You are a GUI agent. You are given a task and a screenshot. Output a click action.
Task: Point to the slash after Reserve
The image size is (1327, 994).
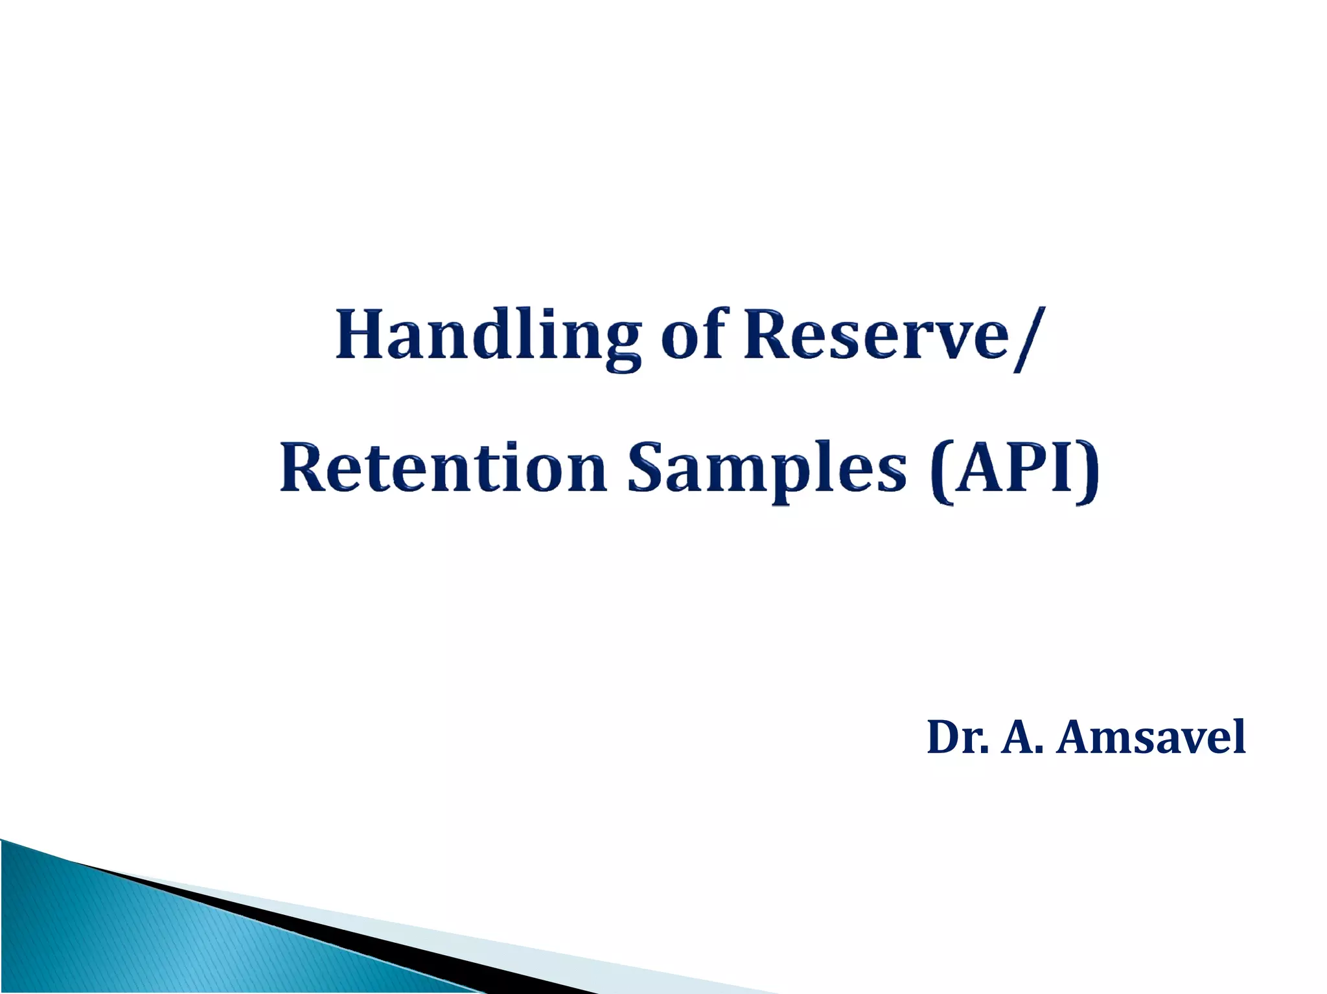(1030, 339)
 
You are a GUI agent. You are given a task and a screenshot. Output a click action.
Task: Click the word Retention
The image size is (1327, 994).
(443, 468)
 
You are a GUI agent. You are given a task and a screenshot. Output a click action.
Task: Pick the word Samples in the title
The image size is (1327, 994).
(767, 468)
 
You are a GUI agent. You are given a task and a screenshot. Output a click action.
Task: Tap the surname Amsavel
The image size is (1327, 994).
(1151, 738)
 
